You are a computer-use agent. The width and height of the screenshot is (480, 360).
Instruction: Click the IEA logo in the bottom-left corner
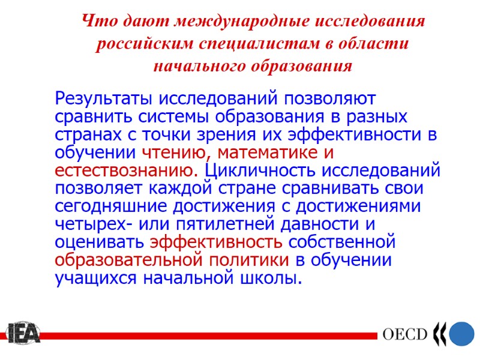(23, 333)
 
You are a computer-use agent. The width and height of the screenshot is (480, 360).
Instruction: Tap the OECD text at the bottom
(405, 335)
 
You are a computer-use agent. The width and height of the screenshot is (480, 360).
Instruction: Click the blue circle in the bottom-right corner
(463, 334)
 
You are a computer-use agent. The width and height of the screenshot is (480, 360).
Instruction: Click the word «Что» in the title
(95, 22)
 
